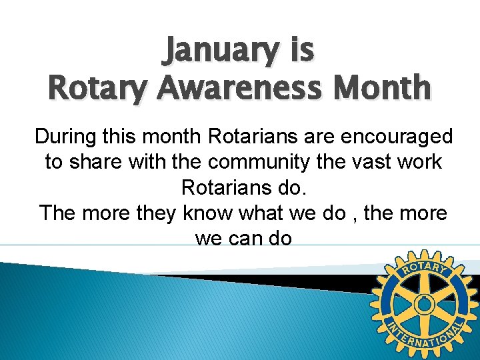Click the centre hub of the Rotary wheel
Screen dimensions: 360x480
pyautogui.click(x=423, y=305)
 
